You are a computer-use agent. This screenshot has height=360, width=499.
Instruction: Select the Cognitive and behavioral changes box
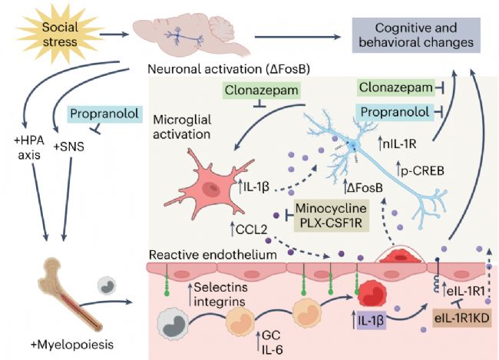[x=412, y=35]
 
